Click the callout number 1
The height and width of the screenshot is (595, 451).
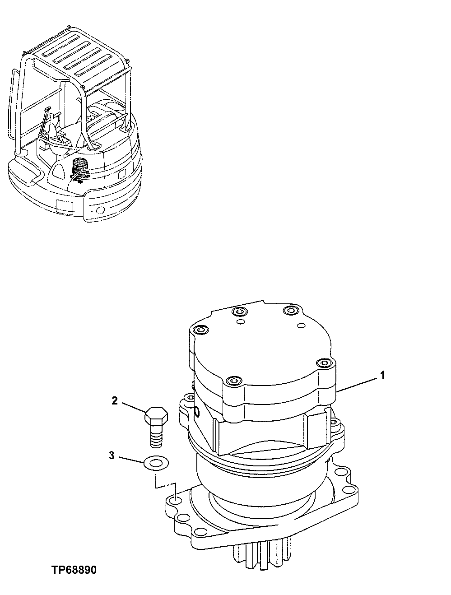(382, 375)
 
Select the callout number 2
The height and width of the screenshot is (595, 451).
(115, 400)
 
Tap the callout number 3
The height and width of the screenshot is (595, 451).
(111, 456)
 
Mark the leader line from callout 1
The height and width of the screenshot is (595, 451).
(359, 384)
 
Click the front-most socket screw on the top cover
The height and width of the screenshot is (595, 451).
(232, 381)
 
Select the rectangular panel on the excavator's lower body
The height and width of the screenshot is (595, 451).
(63, 206)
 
